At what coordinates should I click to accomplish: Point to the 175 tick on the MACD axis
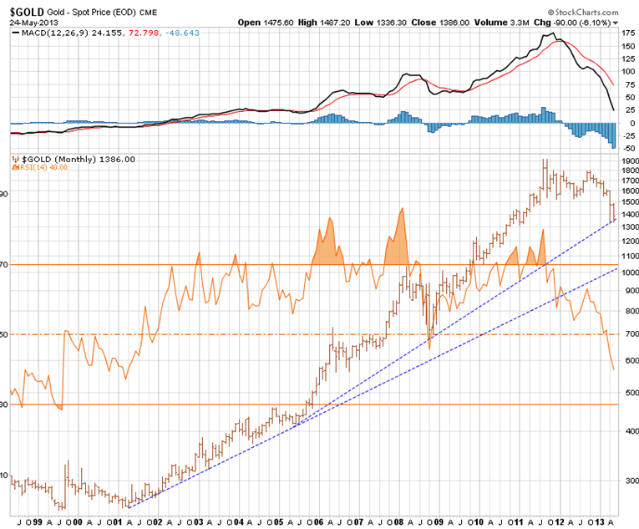coord(626,33)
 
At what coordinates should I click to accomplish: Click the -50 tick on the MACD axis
coord(626,147)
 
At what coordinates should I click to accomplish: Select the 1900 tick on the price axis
coord(628,160)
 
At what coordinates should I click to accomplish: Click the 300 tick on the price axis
coord(626,481)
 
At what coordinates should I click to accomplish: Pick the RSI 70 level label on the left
coord(5,265)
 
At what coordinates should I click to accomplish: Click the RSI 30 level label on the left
coord(5,404)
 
